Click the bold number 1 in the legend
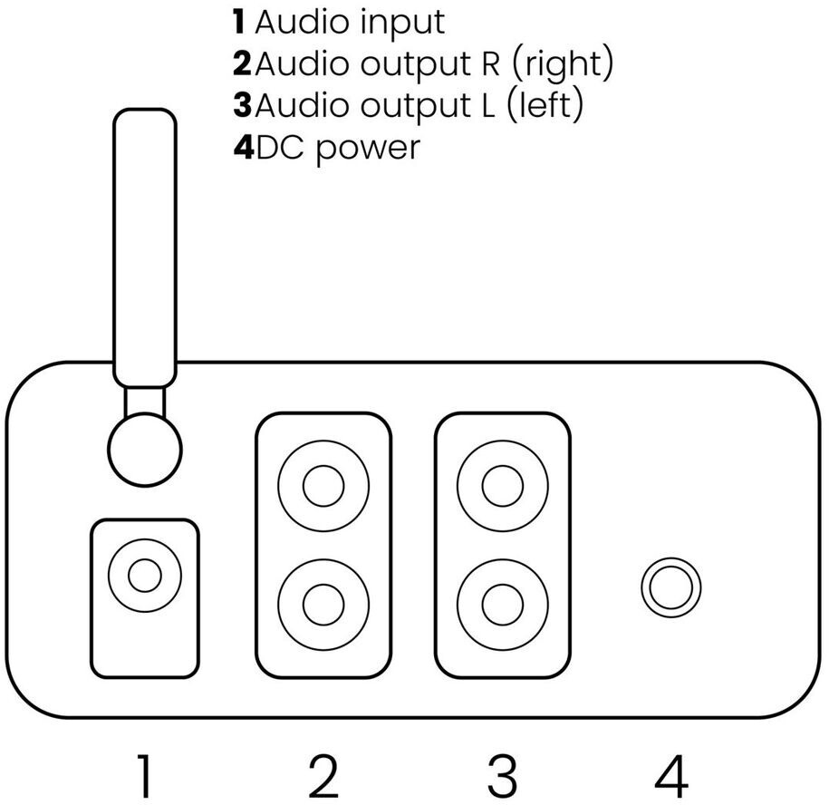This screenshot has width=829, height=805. coord(239,23)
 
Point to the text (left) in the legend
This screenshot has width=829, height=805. coord(545,106)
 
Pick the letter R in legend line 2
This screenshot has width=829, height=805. coord(491,63)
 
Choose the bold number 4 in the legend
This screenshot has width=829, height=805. coord(244,147)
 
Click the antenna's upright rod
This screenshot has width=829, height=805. coord(145,248)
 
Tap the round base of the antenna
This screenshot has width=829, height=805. coord(145,450)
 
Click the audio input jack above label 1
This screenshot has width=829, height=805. coord(145,575)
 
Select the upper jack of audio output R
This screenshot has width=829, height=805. coord(323,486)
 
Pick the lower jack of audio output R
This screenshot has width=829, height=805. coord(323,605)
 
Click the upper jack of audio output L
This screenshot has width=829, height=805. coord(503,486)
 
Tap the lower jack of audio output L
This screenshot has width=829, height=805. coord(503,605)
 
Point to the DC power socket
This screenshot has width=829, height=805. coord(671,587)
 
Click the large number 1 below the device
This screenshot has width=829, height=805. coord(144,775)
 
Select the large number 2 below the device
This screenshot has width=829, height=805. coord(323,775)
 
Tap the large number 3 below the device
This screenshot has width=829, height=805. coord(502,775)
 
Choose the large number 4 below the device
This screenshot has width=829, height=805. coord(671,775)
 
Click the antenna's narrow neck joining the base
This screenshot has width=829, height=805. coord(145,401)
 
